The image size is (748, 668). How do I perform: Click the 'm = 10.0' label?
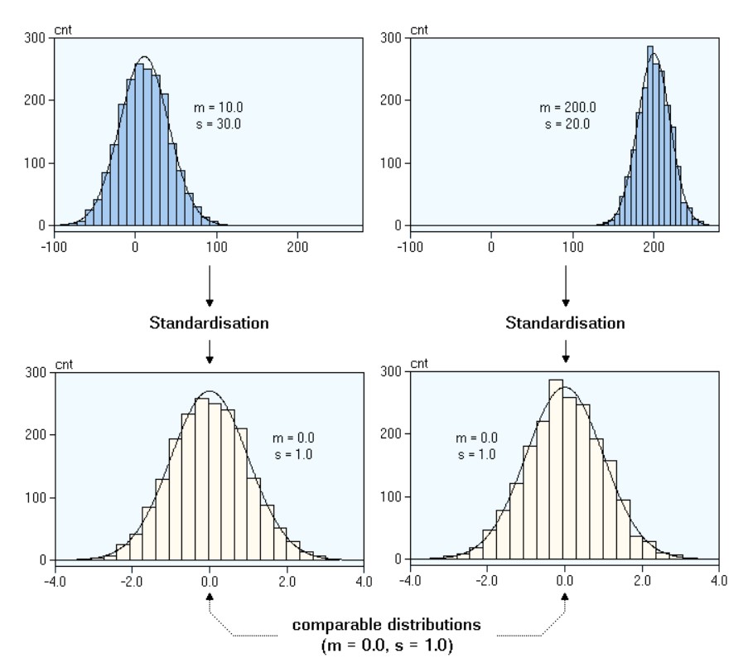215,109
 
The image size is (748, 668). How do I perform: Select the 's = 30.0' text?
215,123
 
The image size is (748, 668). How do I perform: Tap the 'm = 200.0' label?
568,109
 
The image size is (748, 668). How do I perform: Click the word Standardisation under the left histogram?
209,323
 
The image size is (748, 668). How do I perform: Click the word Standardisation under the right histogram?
565,323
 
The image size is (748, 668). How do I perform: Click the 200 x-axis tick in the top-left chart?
297,246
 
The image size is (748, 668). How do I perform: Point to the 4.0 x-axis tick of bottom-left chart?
363,581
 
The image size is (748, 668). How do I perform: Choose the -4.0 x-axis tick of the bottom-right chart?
409,581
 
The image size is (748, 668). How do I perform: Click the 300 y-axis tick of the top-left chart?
34,38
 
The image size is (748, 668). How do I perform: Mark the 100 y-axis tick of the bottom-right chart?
389,498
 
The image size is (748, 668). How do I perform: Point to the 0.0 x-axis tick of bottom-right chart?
564,581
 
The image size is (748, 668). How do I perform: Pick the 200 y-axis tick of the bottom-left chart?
34,435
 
